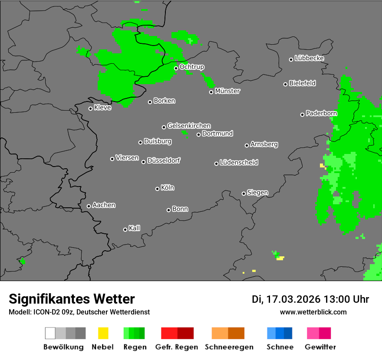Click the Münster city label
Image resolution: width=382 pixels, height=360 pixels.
[227, 91]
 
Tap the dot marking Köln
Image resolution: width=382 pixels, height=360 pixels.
[157, 189]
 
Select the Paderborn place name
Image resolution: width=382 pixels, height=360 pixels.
[321, 113]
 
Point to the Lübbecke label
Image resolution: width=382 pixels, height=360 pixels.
[309, 58]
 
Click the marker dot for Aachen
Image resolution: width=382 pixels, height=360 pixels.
[89, 206]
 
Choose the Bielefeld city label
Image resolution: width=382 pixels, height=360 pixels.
[302, 83]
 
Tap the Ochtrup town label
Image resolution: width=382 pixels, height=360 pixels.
[191, 67]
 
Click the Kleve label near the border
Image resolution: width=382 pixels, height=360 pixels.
[102, 108]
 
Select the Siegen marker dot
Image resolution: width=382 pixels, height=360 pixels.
[244, 193]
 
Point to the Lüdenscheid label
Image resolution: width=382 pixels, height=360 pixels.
[239, 162]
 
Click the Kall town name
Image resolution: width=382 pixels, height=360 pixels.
[134, 228]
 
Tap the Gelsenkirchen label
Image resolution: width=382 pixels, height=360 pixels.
[189, 126]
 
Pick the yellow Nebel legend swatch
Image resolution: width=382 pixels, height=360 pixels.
[103, 333]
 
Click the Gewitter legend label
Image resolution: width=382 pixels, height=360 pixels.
[320, 347]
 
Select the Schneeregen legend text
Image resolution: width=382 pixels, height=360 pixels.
[229, 347]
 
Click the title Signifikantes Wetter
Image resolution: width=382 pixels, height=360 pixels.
[72, 299]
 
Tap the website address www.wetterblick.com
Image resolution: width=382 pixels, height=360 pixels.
[313, 312]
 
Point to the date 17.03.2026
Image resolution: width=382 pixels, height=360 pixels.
[293, 299]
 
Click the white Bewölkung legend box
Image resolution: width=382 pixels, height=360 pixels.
[50, 333]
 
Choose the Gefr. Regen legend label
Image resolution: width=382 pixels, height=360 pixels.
[177, 347]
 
